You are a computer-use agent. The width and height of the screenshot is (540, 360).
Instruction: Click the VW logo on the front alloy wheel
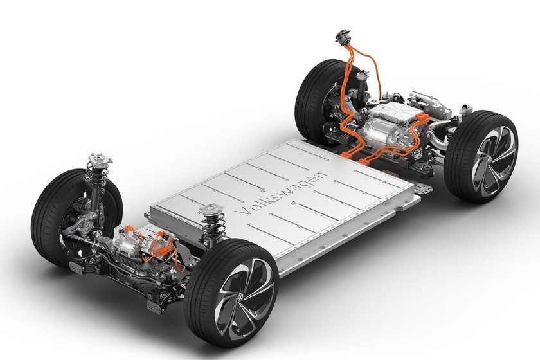[x=240, y=297]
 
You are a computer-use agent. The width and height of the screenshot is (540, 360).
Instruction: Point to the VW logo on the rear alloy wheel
[x=489, y=159]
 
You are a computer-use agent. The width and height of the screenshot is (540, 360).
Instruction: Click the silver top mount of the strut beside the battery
[x=211, y=209]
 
